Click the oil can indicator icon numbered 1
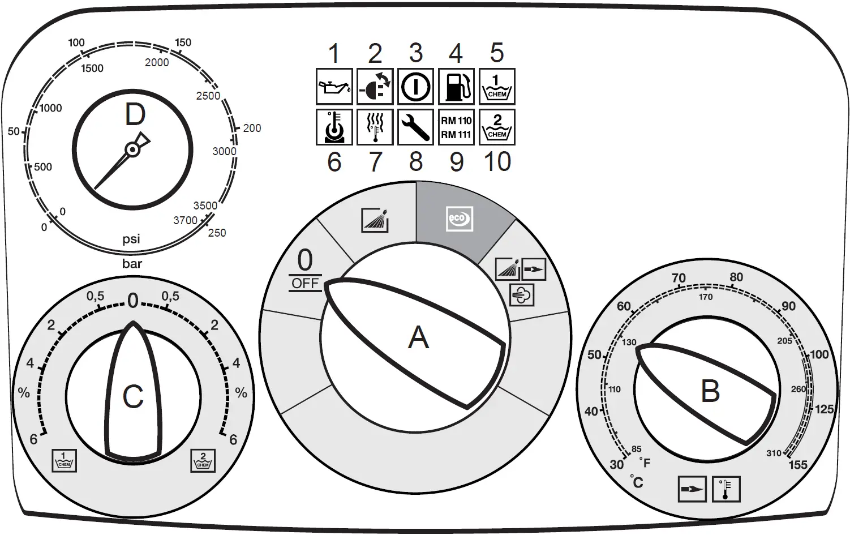pos(334,87)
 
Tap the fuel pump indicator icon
pos(456,87)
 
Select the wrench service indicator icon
pos(415,127)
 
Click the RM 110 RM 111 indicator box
pos(456,127)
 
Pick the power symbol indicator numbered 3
pos(415,87)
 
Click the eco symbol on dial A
pos(458,219)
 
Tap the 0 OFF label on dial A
pos(305,269)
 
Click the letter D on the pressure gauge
pos(135,115)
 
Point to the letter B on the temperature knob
pos(710,391)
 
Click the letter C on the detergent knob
pos(133,396)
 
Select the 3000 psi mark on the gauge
pos(224,151)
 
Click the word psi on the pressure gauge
pos(131,239)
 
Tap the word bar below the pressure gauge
pos(132,264)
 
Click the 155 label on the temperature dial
pos(798,465)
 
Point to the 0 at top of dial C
pos(133,301)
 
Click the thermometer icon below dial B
pos(726,489)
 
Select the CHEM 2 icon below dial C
pos(203,460)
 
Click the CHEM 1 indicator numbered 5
pos(497,87)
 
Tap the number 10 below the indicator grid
pos(497,162)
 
